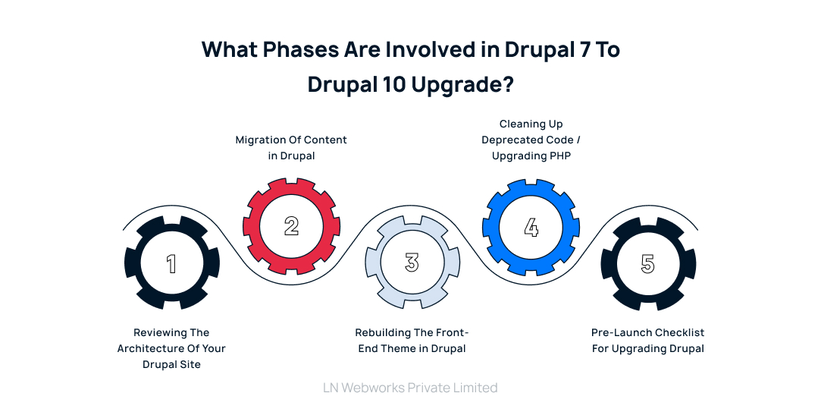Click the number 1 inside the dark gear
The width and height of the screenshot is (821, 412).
(171, 263)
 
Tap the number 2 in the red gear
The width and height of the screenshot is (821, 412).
(292, 225)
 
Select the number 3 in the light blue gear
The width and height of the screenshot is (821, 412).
(412, 263)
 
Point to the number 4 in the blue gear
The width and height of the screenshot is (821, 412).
(531, 226)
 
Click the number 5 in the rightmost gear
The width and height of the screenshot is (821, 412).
(647, 263)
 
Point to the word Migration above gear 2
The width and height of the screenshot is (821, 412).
(259, 140)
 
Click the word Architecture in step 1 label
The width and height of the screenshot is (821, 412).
(149, 348)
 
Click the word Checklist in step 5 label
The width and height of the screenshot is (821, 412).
(678, 332)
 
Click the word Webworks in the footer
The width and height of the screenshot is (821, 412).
(372, 388)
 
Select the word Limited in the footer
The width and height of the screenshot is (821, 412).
(475, 388)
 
